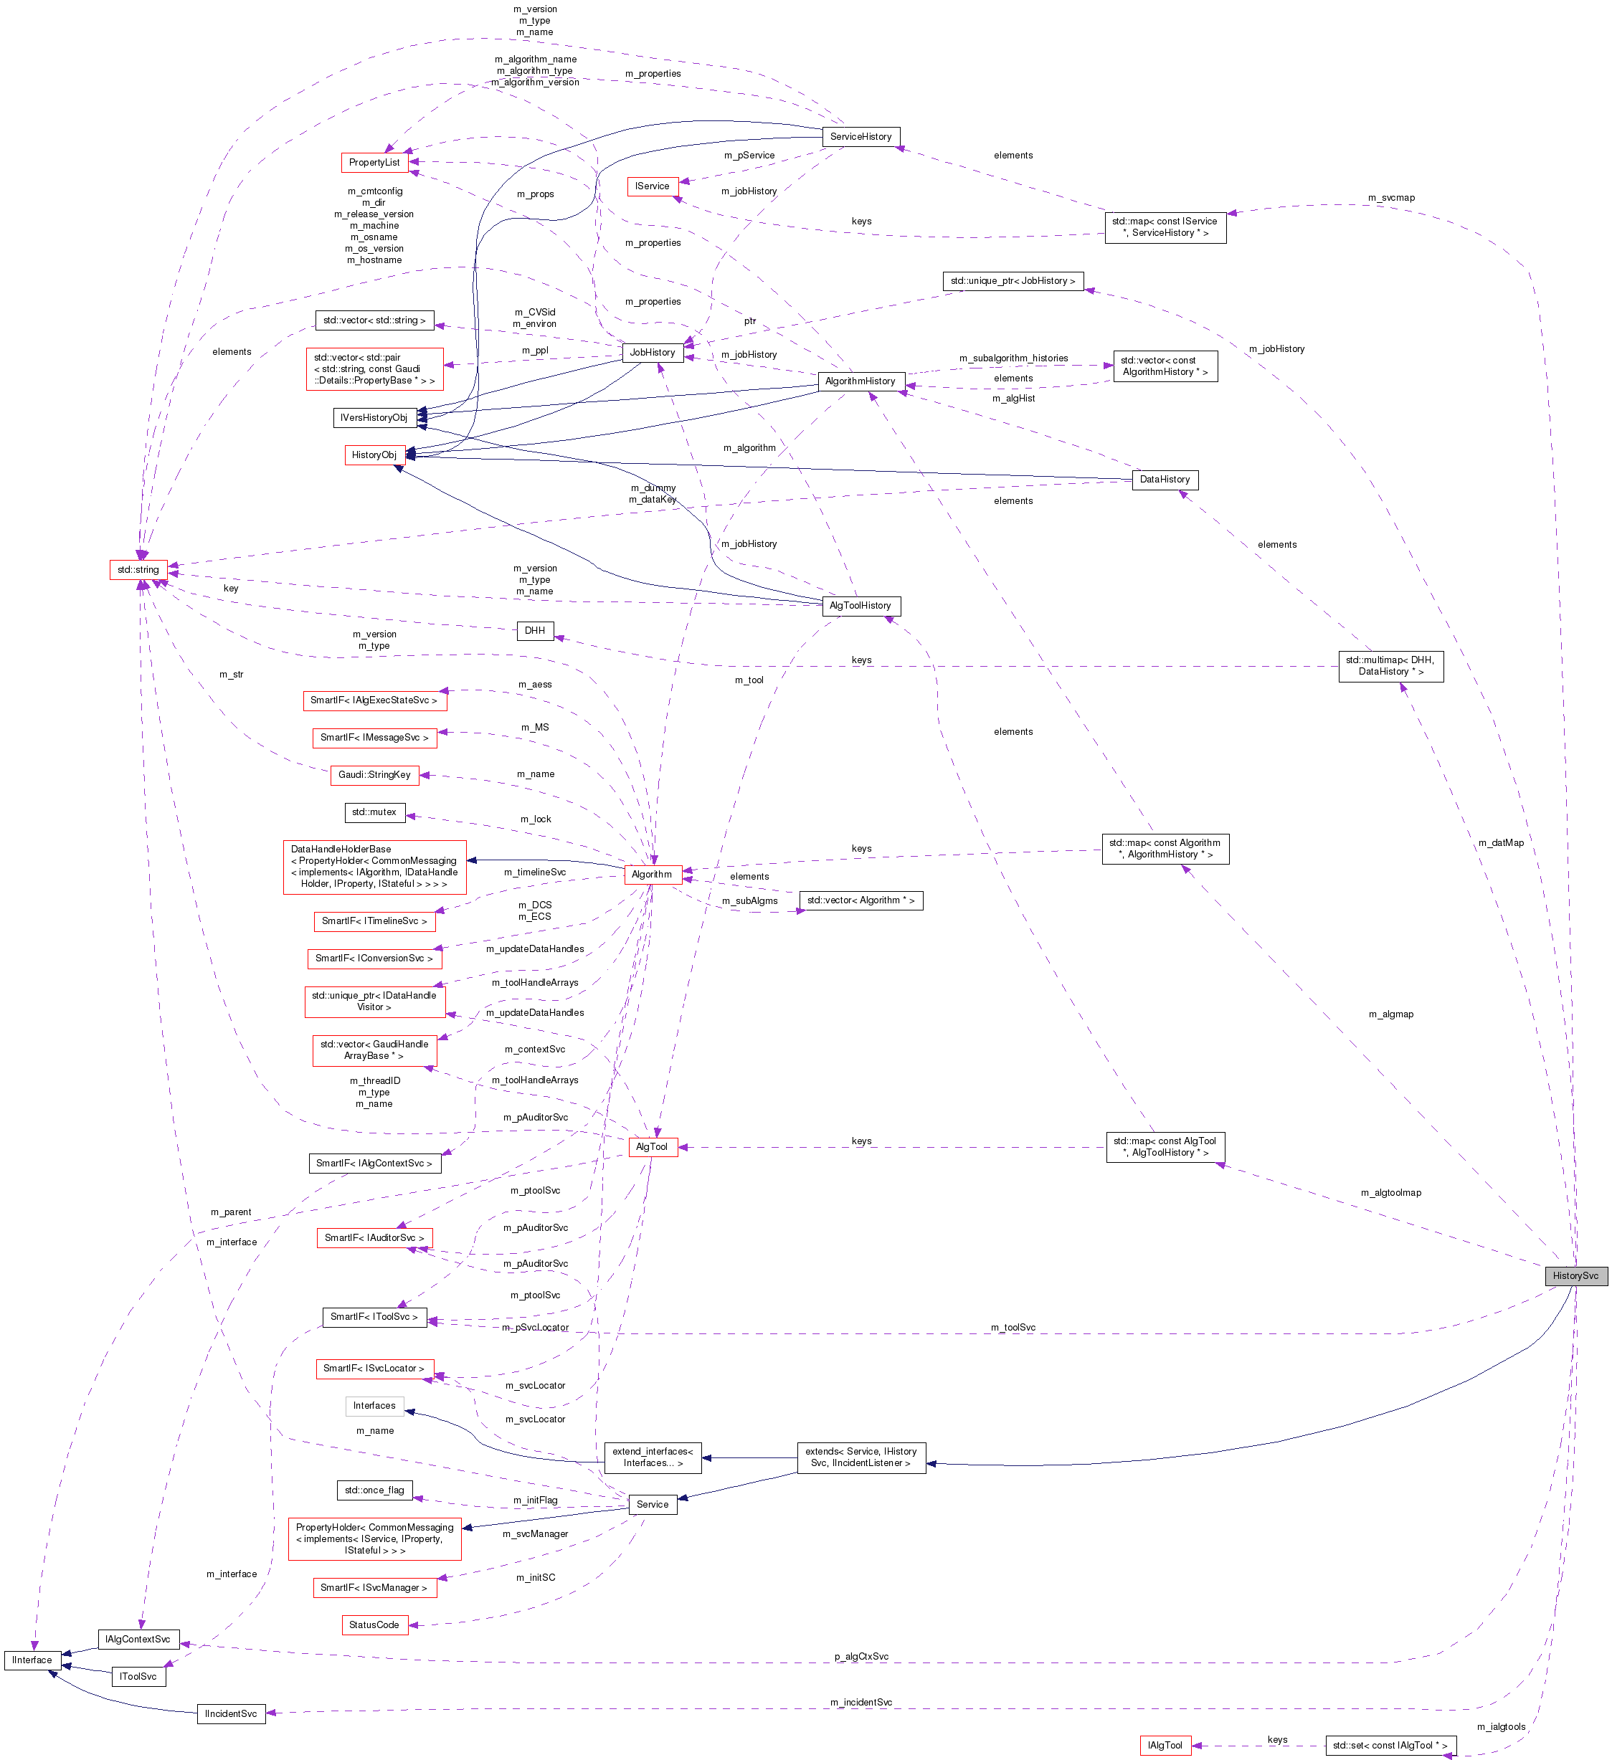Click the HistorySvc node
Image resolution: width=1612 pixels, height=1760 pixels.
click(1575, 1275)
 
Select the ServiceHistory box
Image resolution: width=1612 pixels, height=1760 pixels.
click(860, 137)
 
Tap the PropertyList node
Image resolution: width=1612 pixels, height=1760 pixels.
click(374, 163)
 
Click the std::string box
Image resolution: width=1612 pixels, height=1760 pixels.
click(138, 570)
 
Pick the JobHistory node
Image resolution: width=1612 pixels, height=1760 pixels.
click(653, 353)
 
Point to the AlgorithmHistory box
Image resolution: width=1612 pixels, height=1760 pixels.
click(860, 381)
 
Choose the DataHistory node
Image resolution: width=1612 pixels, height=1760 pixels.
click(1164, 480)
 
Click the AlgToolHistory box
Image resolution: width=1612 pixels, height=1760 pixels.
click(860, 606)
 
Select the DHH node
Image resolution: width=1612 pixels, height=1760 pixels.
click(534, 630)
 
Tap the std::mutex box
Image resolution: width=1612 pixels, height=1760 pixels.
click(374, 812)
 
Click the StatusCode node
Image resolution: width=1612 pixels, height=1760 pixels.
click(374, 1625)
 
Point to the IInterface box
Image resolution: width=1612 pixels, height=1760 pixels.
click(32, 1660)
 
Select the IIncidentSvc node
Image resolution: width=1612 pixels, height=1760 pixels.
click(230, 1713)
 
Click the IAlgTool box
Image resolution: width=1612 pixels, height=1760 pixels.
click(1165, 1745)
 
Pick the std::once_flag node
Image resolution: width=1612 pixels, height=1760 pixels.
click(374, 1490)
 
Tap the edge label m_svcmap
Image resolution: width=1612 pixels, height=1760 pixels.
click(1390, 198)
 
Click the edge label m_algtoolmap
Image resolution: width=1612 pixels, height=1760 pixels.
click(1390, 1192)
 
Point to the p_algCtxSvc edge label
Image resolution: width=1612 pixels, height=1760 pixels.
click(860, 1656)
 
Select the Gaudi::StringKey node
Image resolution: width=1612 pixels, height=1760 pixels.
click(374, 774)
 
